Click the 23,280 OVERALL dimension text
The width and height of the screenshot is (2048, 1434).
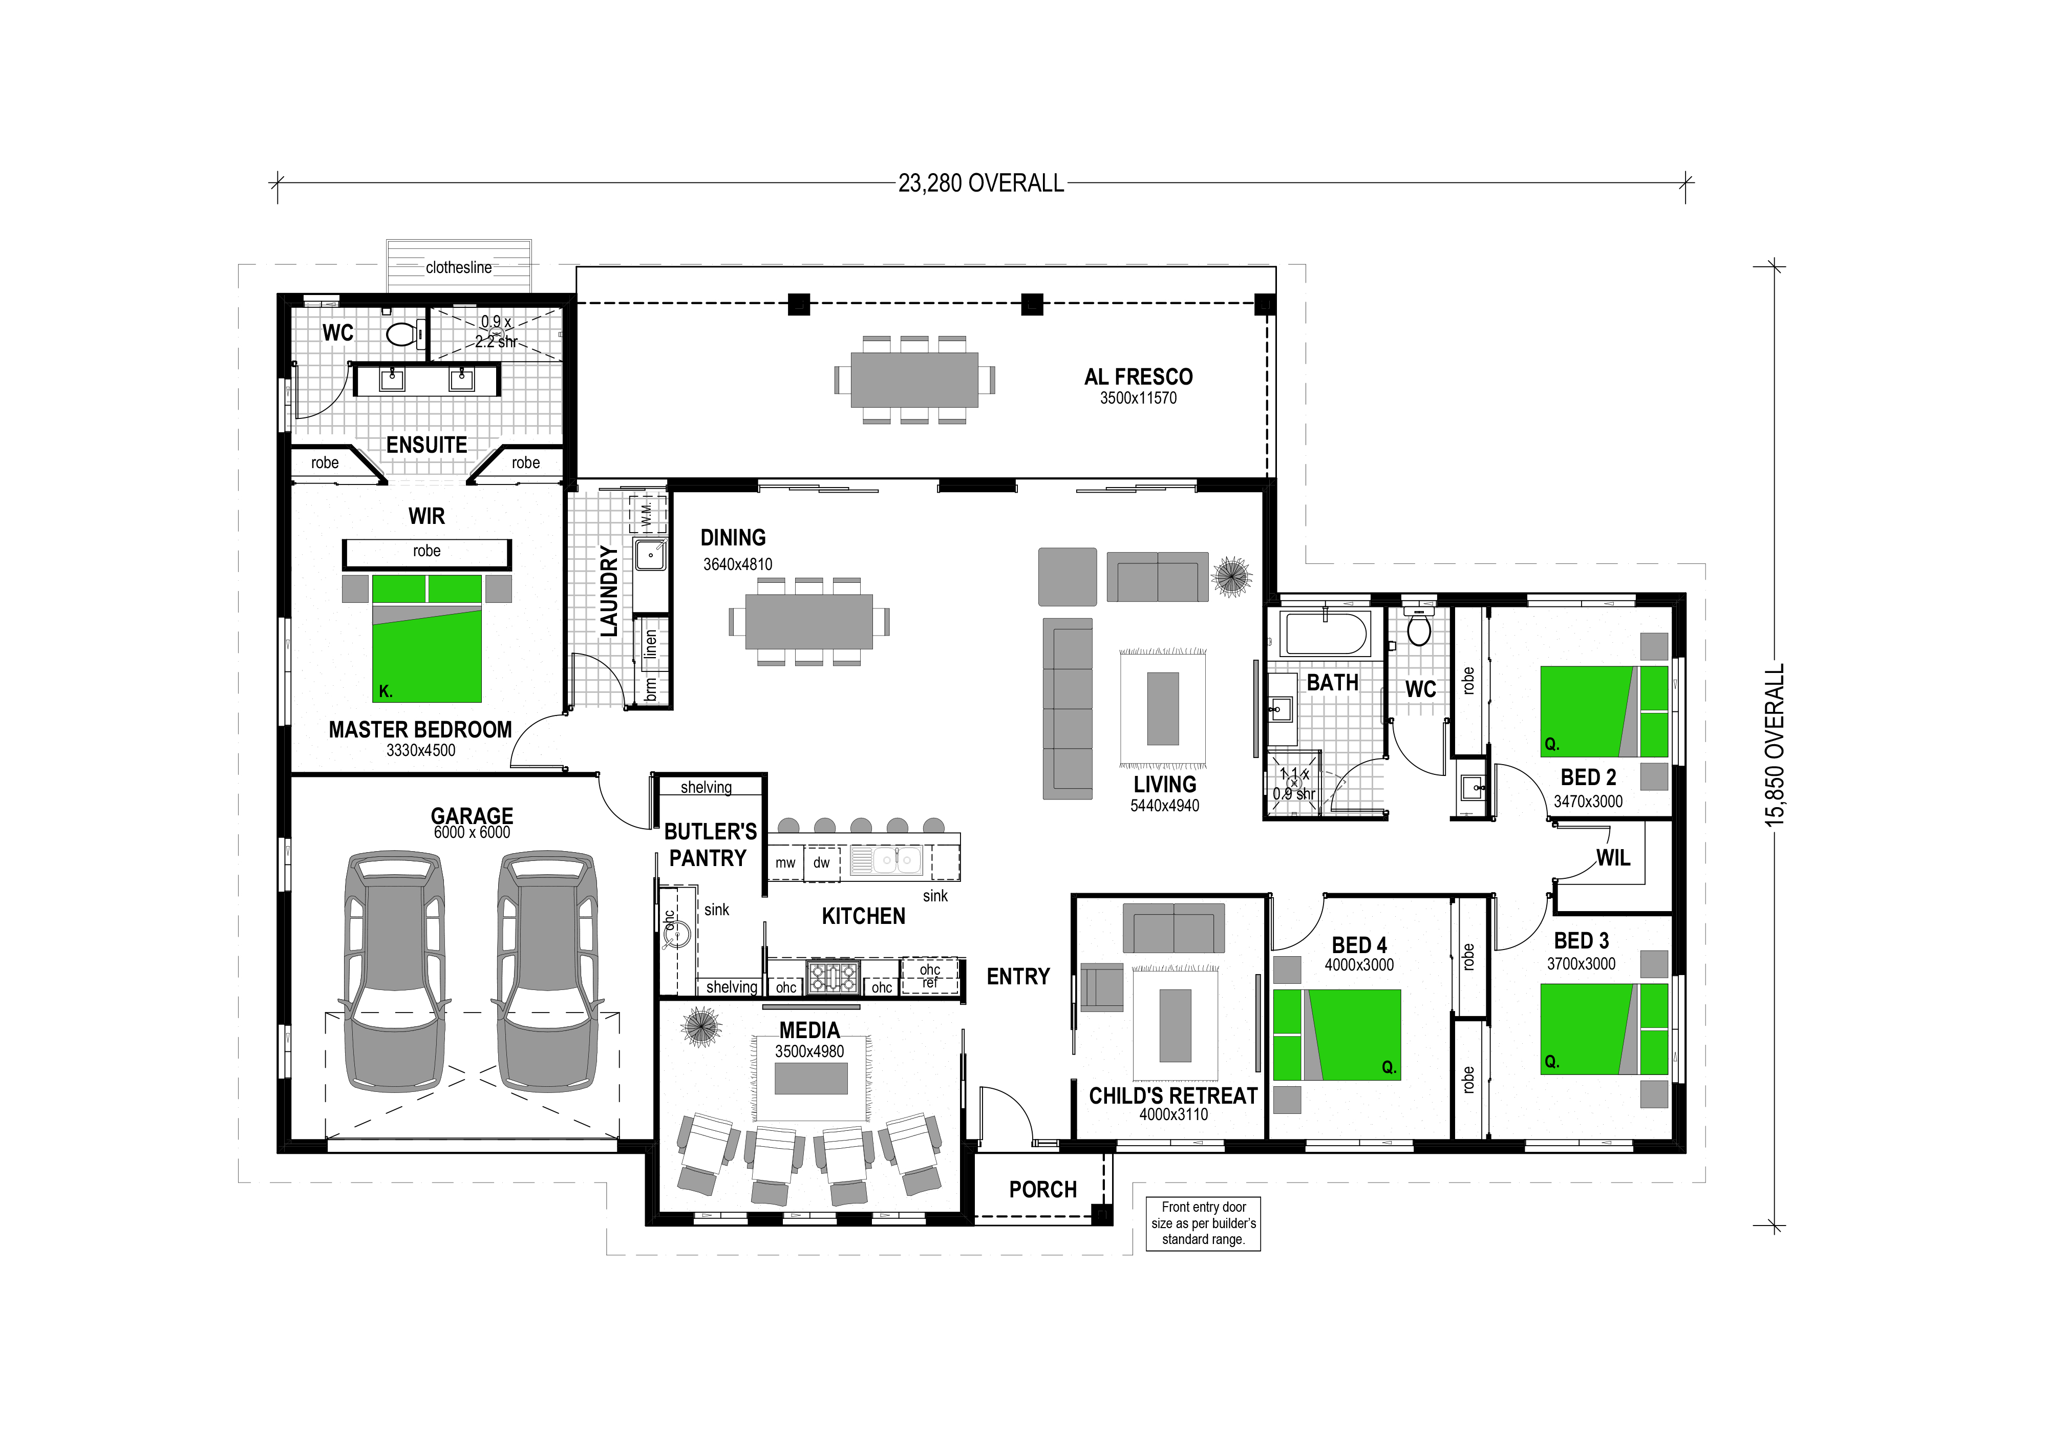pos(981,183)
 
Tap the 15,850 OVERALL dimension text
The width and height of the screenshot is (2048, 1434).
pos(1775,745)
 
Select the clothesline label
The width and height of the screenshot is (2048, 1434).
pos(458,267)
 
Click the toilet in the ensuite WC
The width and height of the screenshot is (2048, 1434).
pos(404,334)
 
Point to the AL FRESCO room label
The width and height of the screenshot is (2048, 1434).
pos(1138,376)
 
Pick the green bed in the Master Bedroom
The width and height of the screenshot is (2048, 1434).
pos(426,638)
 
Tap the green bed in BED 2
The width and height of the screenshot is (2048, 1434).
pos(1604,711)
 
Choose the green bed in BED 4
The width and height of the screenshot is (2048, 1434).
pos(1336,1034)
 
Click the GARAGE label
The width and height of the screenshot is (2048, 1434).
pos(472,816)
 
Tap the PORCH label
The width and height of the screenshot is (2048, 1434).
pos(1043,1190)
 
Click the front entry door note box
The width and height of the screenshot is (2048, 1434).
pos(1203,1224)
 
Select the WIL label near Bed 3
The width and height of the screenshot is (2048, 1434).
pos(1613,858)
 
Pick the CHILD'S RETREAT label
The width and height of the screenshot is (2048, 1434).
pos(1173,1096)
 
